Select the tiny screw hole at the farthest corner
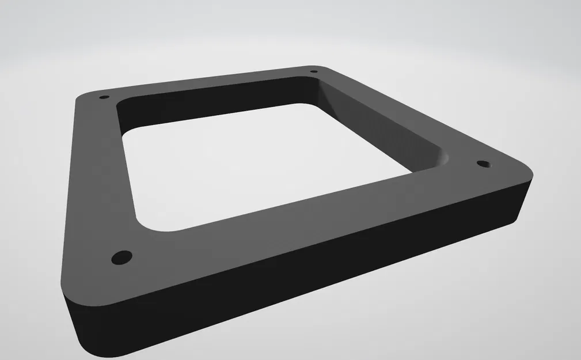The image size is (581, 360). coord(313,72)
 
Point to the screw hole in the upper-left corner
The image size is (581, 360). coord(104,97)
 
